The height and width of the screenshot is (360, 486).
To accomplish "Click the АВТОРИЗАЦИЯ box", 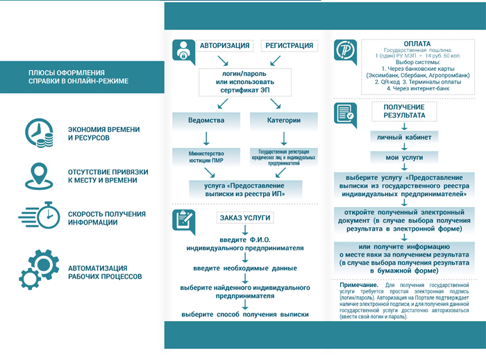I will pos(225,46).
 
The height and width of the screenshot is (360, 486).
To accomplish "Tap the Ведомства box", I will pos(206,120).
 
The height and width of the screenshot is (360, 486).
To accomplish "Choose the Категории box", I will pos(283,120).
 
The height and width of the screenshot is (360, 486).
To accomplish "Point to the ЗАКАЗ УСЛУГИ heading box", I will pos(242,218).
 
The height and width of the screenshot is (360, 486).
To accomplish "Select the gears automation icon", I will pos(38,267).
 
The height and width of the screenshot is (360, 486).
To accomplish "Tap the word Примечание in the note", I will pos(359,285).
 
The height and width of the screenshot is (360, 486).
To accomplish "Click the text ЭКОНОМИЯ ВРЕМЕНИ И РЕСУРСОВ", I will pos(103,133).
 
